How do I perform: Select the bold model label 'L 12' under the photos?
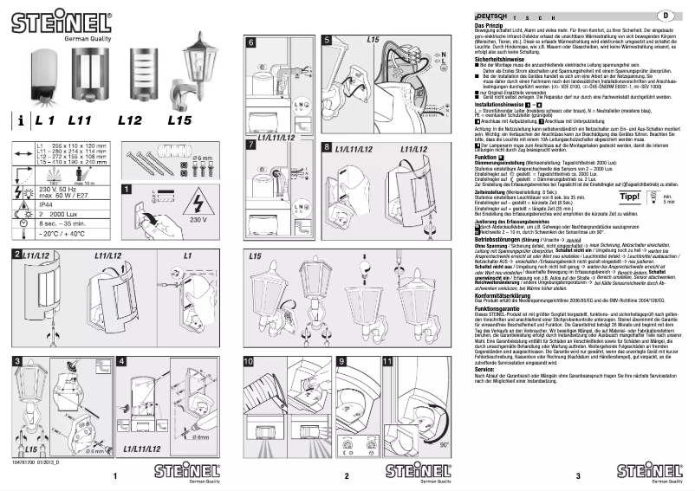pyautogui.click(x=130, y=122)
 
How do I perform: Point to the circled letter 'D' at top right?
pyautogui.click(x=666, y=16)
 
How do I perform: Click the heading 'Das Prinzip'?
pyautogui.click(x=491, y=26)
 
